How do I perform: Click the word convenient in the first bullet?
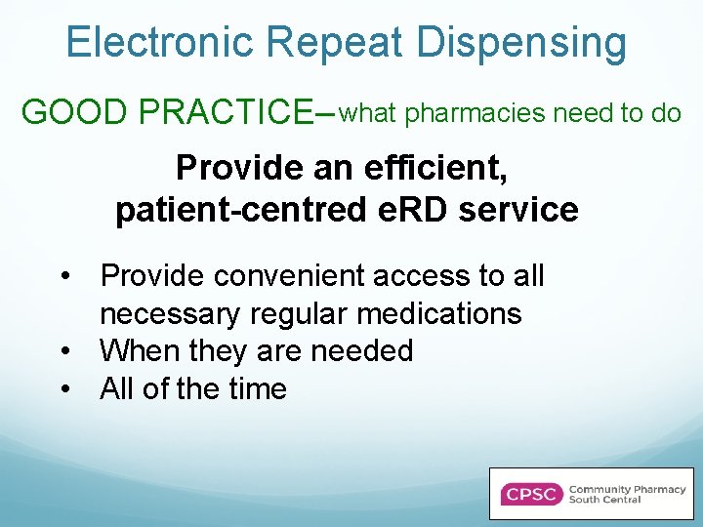point(288,276)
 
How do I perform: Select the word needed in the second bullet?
point(366,350)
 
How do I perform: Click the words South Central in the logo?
point(604,500)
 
